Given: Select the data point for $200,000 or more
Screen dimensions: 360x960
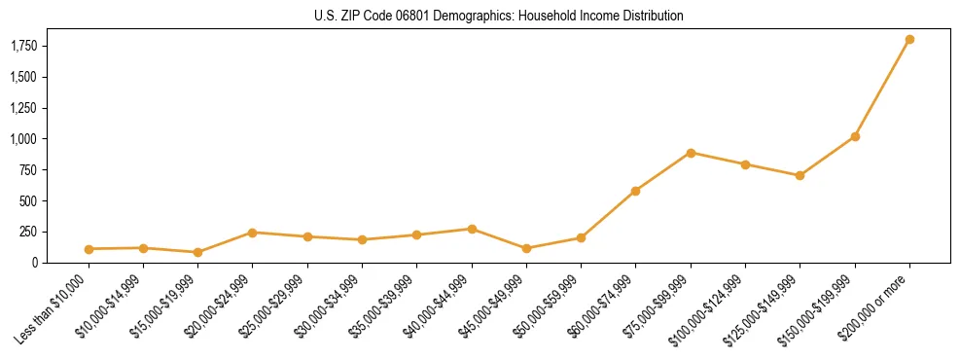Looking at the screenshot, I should pos(909,40).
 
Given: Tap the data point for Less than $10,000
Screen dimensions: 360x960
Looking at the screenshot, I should pos(89,249).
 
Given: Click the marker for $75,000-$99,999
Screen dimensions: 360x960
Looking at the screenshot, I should pos(691,153).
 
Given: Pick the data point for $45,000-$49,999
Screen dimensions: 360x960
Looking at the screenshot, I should pos(526,248).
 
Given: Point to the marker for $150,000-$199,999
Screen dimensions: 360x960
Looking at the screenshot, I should pos(855,136).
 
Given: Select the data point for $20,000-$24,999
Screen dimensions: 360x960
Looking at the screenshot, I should pos(253,233).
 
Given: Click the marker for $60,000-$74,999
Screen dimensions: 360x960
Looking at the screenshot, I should pos(635,191).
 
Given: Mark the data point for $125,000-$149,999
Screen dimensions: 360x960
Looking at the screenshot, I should pos(800,175).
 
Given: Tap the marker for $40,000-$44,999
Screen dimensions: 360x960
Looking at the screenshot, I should pos(472,229).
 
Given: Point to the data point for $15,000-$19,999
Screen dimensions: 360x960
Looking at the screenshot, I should pos(197,252).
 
